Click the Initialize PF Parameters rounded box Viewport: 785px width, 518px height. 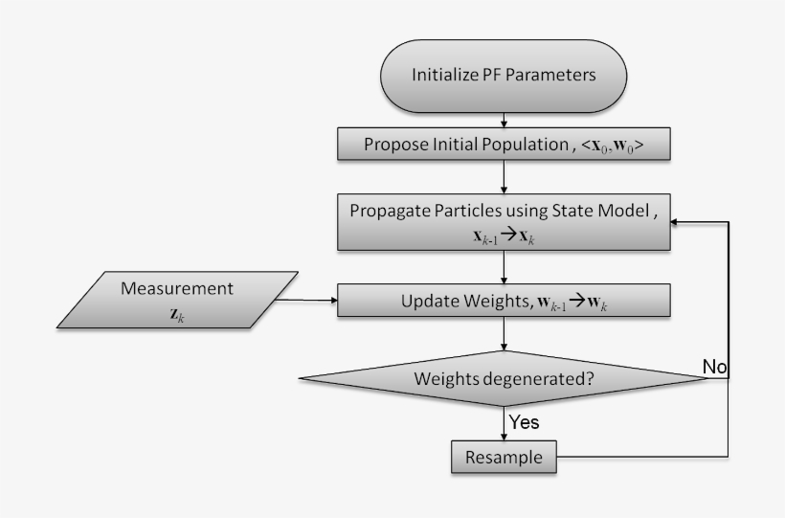504,74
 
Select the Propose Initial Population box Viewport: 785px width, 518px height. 504,146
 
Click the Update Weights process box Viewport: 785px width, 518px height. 504,303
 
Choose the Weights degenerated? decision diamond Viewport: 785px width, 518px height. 504,377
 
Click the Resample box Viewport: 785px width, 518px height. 504,458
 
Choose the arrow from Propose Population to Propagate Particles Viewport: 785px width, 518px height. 504,177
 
